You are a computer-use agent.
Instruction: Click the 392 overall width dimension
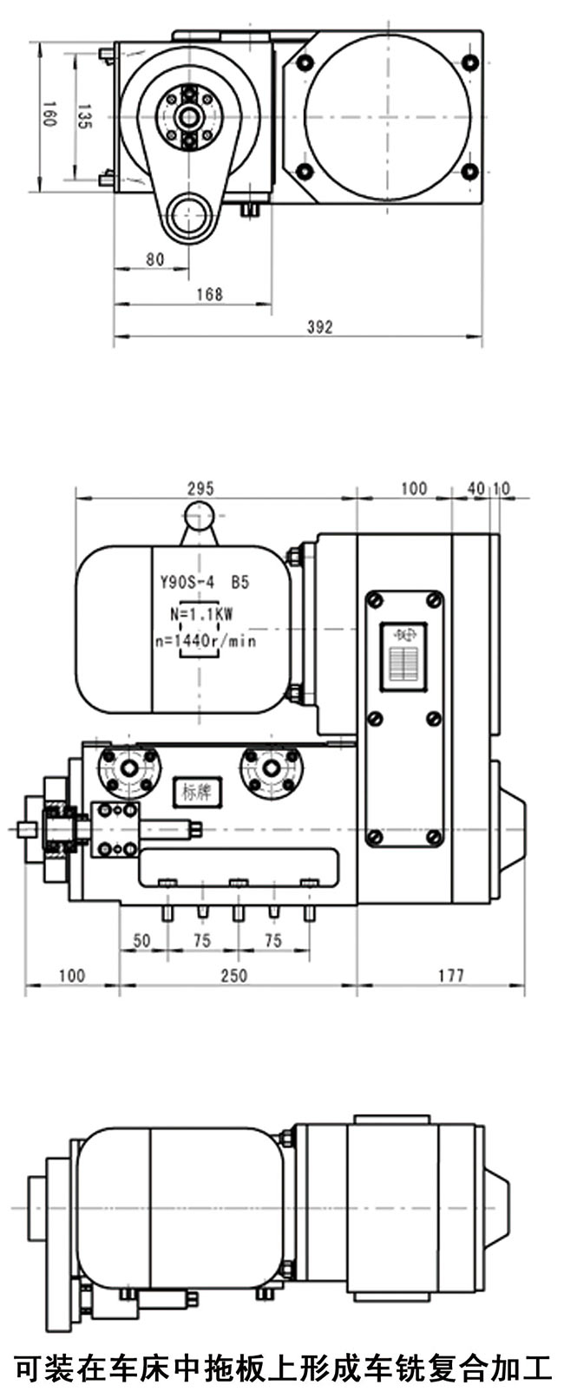pyautogui.click(x=319, y=327)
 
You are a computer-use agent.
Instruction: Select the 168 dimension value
pyautogui.click(x=209, y=294)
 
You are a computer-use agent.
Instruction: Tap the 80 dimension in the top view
pyautogui.click(x=154, y=259)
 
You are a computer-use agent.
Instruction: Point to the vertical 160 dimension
pyautogui.click(x=49, y=114)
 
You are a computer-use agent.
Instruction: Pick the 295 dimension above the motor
pyautogui.click(x=200, y=489)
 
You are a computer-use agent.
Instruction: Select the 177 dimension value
pyautogui.click(x=449, y=976)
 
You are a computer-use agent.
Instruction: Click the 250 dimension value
pyautogui.click(x=233, y=976)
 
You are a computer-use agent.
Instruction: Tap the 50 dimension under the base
pyautogui.click(x=141, y=941)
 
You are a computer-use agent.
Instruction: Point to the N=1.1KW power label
pyautogui.click(x=201, y=613)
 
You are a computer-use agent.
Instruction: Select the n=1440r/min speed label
pyautogui.click(x=204, y=641)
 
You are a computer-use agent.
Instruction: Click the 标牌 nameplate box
pyautogui.click(x=199, y=792)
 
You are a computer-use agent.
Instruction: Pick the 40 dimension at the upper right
pyautogui.click(x=475, y=489)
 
